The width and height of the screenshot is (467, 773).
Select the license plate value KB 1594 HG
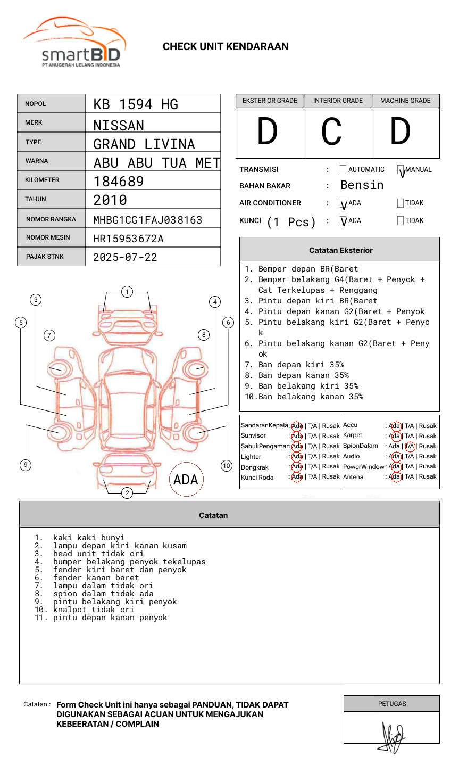click(x=136, y=104)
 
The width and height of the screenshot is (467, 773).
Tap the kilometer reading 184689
click(x=119, y=182)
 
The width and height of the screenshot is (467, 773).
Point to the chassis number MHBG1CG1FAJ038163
click(x=147, y=220)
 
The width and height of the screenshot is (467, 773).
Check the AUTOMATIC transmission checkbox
click(x=343, y=170)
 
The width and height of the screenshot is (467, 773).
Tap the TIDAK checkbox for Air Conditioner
click(x=401, y=203)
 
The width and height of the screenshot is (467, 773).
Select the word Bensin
click(x=362, y=185)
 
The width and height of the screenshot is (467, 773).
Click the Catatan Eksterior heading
click(x=340, y=250)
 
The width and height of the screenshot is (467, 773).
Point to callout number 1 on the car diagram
click(x=127, y=292)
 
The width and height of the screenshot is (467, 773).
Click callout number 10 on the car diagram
click(x=227, y=466)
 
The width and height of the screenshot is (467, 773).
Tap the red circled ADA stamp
click(x=186, y=480)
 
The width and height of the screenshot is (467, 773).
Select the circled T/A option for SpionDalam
click(x=410, y=446)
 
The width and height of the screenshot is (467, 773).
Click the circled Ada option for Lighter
click(x=297, y=456)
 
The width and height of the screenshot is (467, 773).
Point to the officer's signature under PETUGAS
click(x=393, y=737)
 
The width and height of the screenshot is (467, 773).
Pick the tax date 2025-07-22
click(x=125, y=257)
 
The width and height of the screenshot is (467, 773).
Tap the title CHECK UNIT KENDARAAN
click(x=226, y=46)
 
